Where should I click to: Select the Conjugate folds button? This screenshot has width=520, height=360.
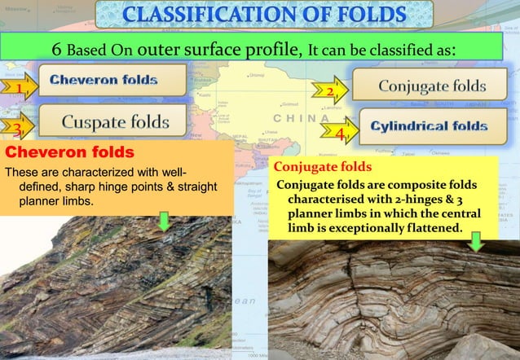[x=432, y=86]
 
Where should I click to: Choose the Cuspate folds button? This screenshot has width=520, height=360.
[x=117, y=122]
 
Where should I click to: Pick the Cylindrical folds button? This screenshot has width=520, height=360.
[x=430, y=126]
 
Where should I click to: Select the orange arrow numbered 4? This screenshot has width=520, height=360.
[x=342, y=131]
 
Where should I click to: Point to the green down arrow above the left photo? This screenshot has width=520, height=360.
[x=165, y=220]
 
